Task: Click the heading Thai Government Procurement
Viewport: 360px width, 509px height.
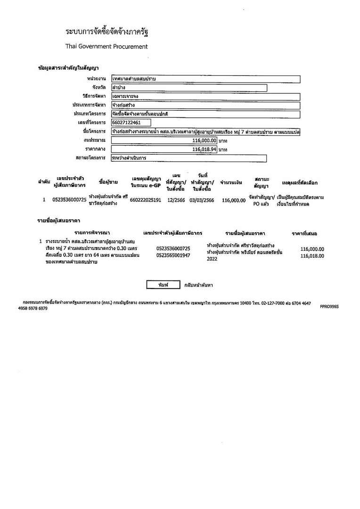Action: click(x=106, y=47)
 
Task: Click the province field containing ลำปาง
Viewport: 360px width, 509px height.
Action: click(x=188, y=88)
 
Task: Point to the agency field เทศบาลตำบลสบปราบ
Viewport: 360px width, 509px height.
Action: click(x=205, y=79)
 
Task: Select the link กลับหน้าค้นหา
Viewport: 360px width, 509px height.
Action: click(x=198, y=285)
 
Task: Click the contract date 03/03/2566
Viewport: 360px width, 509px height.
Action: click(x=202, y=200)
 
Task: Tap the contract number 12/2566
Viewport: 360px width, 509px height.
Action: click(x=176, y=200)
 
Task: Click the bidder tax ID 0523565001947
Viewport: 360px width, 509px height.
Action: click(x=173, y=255)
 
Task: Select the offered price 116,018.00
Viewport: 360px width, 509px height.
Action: click(x=312, y=256)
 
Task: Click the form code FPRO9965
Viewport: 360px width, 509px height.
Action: click(x=329, y=307)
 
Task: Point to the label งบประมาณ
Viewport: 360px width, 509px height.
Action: click(x=95, y=140)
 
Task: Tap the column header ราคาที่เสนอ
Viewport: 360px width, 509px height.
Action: click(x=304, y=233)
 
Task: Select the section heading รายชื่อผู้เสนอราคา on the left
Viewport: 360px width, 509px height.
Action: click(x=58, y=220)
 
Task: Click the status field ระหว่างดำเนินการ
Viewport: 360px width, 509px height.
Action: click(x=188, y=158)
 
